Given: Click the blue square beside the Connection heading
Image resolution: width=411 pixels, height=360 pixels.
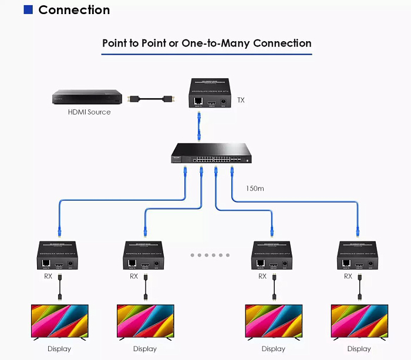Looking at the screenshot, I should (x=28, y=10).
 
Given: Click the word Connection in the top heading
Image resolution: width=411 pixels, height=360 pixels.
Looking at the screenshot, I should (x=74, y=10).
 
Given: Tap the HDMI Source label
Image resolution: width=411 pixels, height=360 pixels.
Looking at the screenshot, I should (x=89, y=112).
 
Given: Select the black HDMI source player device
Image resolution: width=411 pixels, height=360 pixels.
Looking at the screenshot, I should (x=87, y=97).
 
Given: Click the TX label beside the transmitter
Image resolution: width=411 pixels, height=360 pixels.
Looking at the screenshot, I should (x=241, y=100).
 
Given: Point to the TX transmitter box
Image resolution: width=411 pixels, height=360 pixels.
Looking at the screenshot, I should (x=211, y=95).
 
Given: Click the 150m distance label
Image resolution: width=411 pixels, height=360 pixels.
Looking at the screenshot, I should (x=255, y=189).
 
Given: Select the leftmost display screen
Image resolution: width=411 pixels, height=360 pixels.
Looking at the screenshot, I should (x=59, y=321).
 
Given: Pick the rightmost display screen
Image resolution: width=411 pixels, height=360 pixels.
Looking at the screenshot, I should (x=359, y=321).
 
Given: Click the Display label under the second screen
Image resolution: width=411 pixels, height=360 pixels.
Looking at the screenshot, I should (x=145, y=349).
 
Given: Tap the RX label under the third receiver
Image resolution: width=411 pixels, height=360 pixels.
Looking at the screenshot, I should (x=262, y=276).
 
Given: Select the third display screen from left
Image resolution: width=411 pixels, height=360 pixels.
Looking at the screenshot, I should (x=273, y=321).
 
